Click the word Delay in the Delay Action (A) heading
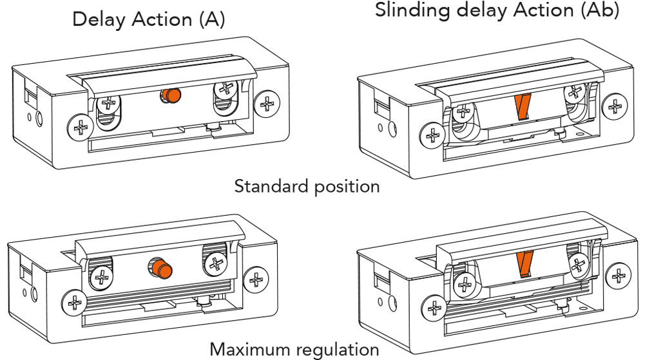[x=99, y=20]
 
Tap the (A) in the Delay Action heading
[x=212, y=20]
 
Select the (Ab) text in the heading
[x=600, y=10]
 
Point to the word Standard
[x=271, y=186]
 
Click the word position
[x=346, y=187]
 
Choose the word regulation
[x=337, y=350]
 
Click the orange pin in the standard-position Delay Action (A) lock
[x=171, y=96]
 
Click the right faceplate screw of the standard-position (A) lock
[x=267, y=103]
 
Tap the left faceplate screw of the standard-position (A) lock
[x=81, y=128]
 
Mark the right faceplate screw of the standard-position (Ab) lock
[x=615, y=106]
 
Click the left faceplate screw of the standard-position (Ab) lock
[x=433, y=135]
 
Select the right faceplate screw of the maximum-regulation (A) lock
[x=256, y=280]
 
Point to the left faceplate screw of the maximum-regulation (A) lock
[x=75, y=303]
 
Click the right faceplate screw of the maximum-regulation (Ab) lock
[x=619, y=276]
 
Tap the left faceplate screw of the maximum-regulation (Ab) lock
[x=435, y=308]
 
